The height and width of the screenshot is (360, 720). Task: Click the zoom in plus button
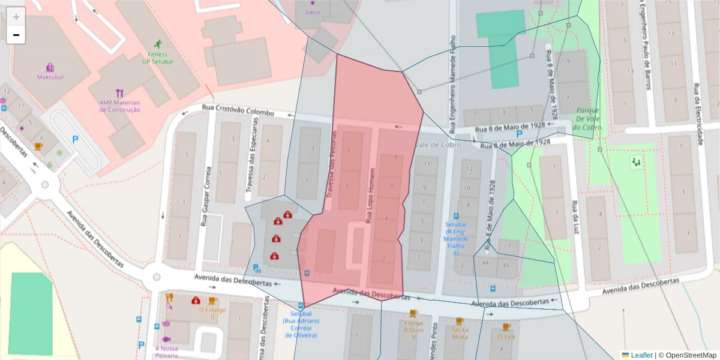tap(16, 17)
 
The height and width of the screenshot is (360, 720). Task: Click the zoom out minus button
tap(16, 35)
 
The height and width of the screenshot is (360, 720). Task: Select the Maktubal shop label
tap(50, 77)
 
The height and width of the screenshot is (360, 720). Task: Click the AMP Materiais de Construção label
tap(120, 106)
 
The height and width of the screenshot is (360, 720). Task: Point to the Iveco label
tap(313, 12)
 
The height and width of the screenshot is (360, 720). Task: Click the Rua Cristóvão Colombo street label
tap(238, 110)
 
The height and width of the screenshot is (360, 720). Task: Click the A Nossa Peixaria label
tap(166, 352)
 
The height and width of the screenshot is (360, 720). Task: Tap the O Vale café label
tap(506, 336)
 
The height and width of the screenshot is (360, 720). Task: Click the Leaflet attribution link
tap(641, 355)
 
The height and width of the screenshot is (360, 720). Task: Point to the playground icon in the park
tap(636, 162)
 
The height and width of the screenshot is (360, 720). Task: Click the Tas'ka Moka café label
tap(460, 333)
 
